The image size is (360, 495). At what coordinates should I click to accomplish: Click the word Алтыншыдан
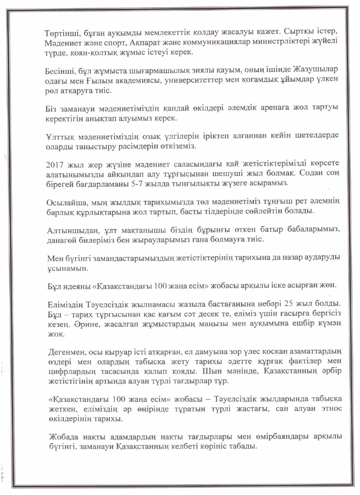[68, 231]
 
